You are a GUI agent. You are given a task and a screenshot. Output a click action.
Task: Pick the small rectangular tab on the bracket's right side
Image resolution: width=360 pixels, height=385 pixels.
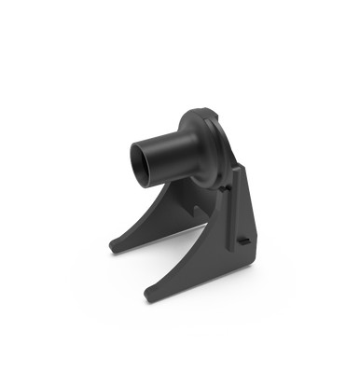(x=242, y=241)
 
